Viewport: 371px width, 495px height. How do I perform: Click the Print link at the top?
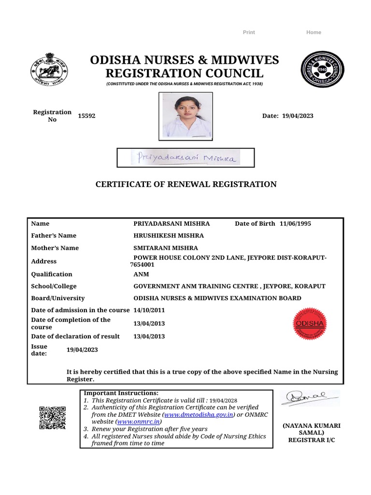pyautogui.click(x=249, y=32)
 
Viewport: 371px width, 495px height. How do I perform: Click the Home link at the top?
pyautogui.click(x=314, y=32)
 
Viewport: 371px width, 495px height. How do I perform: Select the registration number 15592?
pyautogui.click(x=86, y=116)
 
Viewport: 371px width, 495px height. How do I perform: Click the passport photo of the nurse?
pyautogui.click(x=185, y=116)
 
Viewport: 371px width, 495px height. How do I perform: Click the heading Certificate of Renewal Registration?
pyautogui.click(x=185, y=184)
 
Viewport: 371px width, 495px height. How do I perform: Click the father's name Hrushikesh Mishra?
pyautogui.click(x=168, y=235)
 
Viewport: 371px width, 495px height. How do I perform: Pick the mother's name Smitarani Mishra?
pyautogui.click(x=165, y=248)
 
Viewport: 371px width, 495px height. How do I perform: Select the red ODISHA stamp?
pyautogui.click(x=310, y=323)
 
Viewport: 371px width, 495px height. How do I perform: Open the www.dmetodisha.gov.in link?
pyautogui.click(x=199, y=415)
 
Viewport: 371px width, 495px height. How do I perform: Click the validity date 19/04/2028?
pyautogui.click(x=224, y=401)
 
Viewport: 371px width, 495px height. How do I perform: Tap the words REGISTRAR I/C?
pyautogui.click(x=311, y=440)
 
